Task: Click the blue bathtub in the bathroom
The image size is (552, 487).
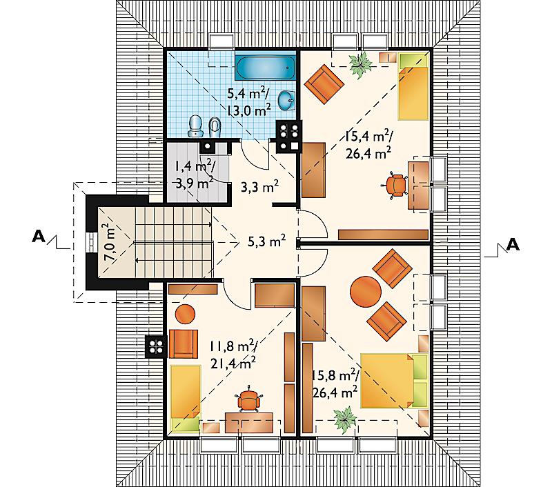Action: click(266, 68)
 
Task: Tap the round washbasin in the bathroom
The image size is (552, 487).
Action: click(287, 101)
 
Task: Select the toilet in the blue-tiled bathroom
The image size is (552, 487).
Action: click(195, 126)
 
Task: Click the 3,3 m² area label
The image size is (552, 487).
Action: click(260, 186)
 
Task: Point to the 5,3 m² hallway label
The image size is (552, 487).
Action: click(266, 241)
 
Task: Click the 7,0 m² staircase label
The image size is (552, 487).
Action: click(110, 241)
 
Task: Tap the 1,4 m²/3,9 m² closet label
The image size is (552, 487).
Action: click(194, 174)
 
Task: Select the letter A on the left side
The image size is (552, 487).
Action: click(39, 237)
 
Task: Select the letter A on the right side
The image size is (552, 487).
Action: click(513, 244)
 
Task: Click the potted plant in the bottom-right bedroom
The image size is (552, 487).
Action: click(345, 419)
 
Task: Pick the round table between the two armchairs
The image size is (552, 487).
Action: click(366, 292)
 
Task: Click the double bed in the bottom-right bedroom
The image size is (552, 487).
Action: click(394, 381)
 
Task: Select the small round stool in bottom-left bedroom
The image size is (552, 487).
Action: click(185, 314)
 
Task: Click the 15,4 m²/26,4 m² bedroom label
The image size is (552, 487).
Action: click(369, 145)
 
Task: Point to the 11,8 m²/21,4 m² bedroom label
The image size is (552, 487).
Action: click(234, 355)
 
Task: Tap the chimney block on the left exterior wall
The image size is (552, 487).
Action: click(155, 347)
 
